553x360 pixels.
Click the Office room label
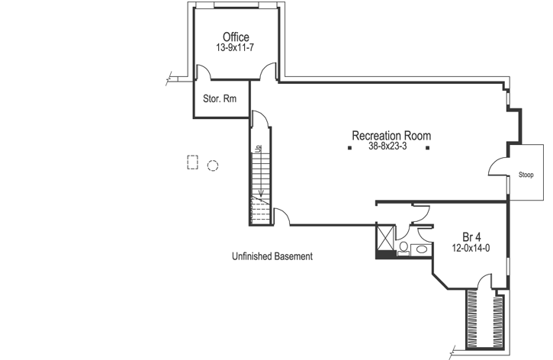click(x=236, y=37)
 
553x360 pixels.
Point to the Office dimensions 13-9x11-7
click(x=236, y=48)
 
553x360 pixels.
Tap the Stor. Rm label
click(x=220, y=98)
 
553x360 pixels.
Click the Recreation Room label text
click(x=391, y=136)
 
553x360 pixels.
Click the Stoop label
click(x=526, y=175)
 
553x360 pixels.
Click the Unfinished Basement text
click(x=272, y=257)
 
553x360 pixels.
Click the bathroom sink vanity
click(x=420, y=249)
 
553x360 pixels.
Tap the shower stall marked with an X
click(x=386, y=237)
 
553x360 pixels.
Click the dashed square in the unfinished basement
click(x=192, y=162)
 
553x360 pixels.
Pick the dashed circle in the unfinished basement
click(x=213, y=164)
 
